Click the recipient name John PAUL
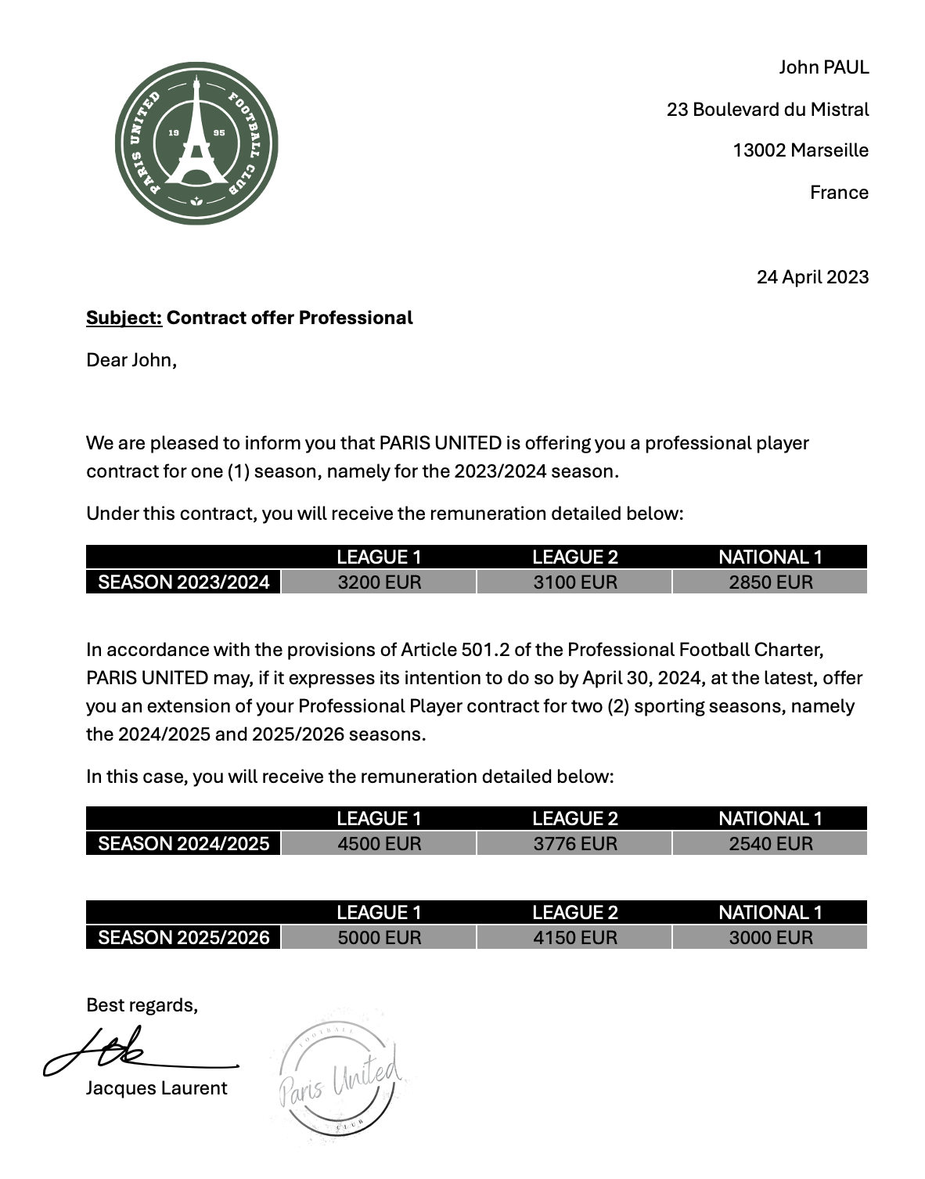click(823, 67)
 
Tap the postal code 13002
click(758, 150)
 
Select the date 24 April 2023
click(812, 277)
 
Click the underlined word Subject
click(124, 318)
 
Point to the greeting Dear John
click(131, 360)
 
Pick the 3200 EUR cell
click(379, 582)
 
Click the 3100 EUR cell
click(574, 582)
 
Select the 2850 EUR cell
click(770, 582)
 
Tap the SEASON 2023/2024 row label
click(183, 582)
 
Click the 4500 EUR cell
click(379, 844)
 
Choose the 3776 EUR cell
click(574, 844)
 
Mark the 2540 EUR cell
click(770, 844)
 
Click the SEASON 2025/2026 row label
click(183, 938)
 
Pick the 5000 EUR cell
click(379, 938)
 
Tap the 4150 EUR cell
click(574, 938)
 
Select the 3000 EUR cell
click(770, 938)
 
